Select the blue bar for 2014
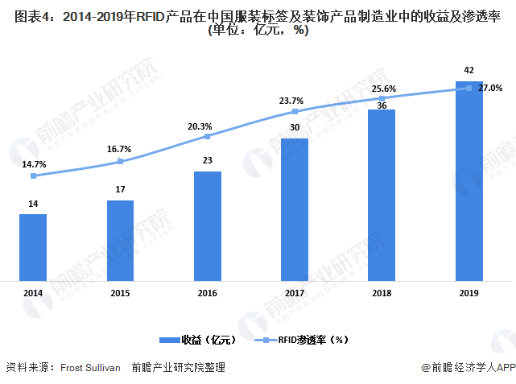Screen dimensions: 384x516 coord(33,247)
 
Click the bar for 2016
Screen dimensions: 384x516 coord(207,225)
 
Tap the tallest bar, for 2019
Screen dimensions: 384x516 coord(469,180)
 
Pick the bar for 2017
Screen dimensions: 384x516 coord(295,209)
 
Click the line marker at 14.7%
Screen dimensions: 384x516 coord(33,175)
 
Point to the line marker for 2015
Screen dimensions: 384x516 coord(120,161)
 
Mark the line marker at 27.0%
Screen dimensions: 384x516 coord(469,89)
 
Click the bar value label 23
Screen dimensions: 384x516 coord(207,160)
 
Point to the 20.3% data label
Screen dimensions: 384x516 coord(200,126)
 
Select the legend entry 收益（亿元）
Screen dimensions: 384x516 coord(199,340)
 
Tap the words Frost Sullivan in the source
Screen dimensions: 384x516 coord(91,367)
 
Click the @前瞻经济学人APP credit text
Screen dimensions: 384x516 coord(468,367)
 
